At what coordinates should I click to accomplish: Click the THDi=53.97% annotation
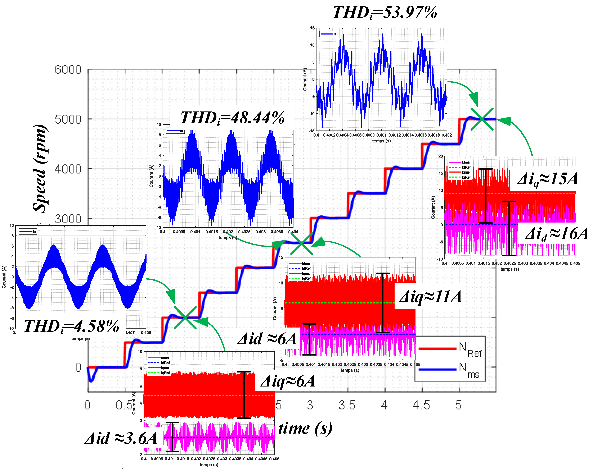click(385, 13)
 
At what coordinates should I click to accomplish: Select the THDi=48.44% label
click(232, 118)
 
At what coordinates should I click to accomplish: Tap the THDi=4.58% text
click(72, 326)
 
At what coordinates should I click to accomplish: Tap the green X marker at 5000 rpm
click(482, 119)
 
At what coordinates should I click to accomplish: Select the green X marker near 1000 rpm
click(185, 317)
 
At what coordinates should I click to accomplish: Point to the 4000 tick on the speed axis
click(68, 169)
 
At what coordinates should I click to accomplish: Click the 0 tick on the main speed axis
click(78, 367)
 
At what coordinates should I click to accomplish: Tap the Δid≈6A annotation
click(267, 339)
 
